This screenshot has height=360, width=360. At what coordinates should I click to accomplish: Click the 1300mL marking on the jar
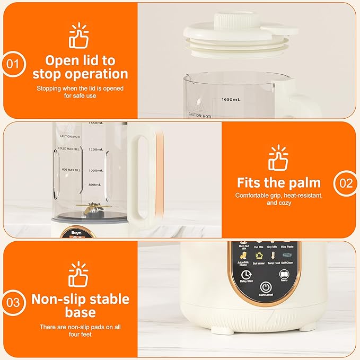pyautogui.click(x=95, y=149)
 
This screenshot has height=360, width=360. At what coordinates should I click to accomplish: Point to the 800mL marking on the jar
pyautogui.click(x=94, y=185)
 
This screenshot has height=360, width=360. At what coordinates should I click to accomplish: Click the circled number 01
pyautogui.click(x=14, y=65)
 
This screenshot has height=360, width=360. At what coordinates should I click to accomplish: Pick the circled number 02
pyautogui.click(x=345, y=183)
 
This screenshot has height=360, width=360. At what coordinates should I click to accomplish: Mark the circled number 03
pyautogui.click(x=14, y=303)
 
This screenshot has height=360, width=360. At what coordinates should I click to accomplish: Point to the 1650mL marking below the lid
pyautogui.click(x=231, y=99)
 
